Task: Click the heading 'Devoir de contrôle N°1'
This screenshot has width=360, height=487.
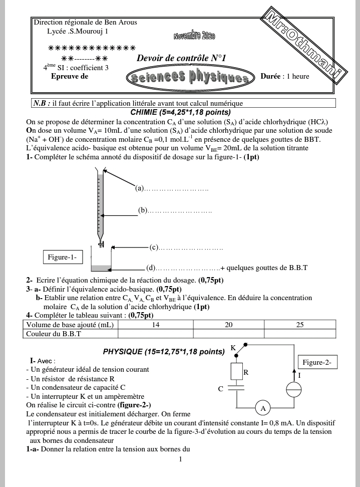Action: click(181, 59)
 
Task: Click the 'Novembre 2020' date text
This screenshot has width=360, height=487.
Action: click(194, 36)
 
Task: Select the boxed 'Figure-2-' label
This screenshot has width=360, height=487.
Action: click(317, 362)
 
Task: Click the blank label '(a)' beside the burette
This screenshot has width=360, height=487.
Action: click(140, 188)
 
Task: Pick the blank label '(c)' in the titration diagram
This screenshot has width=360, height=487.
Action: click(154, 248)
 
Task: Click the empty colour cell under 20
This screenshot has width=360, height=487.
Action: click(228, 333)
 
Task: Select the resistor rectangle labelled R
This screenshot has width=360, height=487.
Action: click(237, 372)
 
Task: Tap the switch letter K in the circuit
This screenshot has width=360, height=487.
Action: click(233, 348)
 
